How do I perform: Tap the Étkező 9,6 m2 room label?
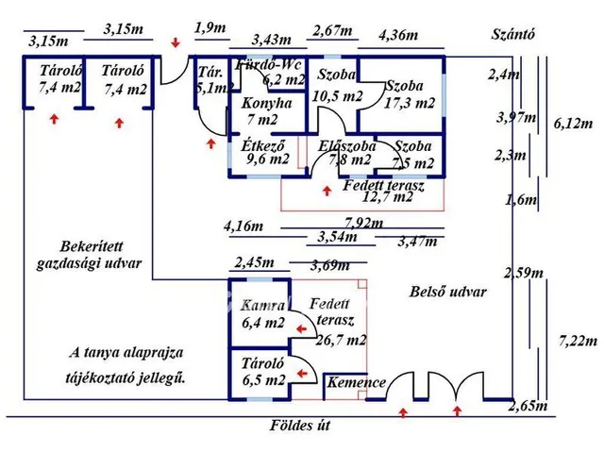point(265,153)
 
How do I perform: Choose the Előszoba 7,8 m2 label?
point(347,153)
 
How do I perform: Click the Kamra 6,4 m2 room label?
point(262,314)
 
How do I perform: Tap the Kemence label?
point(356,382)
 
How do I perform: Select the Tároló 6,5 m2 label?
point(263,372)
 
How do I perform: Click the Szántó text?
point(514,35)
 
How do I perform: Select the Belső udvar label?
point(448,292)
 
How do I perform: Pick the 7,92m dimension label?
point(363,224)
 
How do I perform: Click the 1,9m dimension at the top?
point(209,27)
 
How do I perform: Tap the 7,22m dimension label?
point(575,338)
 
